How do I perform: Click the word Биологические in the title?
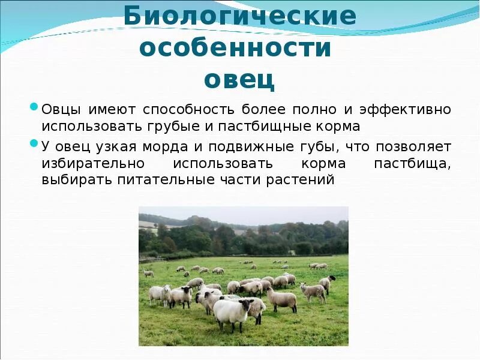click(x=240, y=17)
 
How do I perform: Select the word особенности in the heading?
click(x=235, y=48)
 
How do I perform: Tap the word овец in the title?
click(x=239, y=79)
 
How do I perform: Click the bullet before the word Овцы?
click(x=34, y=108)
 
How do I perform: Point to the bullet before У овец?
click(x=34, y=145)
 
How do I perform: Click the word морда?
click(x=160, y=146)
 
